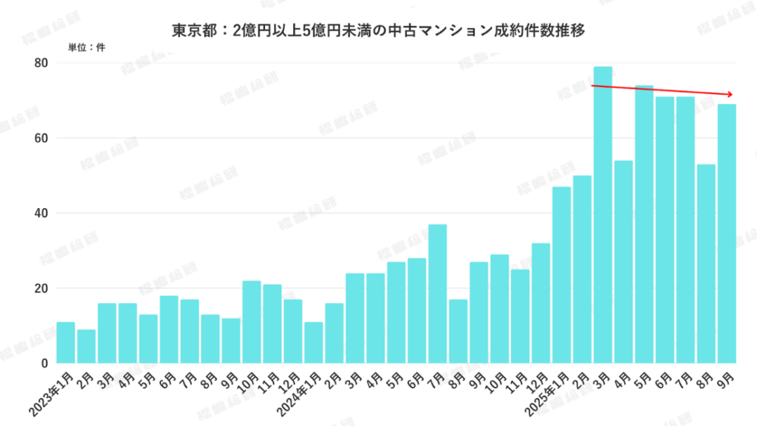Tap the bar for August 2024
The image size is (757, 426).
tap(458, 331)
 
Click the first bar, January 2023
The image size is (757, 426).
tap(66, 342)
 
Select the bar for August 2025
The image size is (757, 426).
tap(706, 264)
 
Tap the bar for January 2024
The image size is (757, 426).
tap(314, 342)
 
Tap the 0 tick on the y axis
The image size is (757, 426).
tap(45, 363)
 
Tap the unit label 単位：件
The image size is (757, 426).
tap(87, 48)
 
